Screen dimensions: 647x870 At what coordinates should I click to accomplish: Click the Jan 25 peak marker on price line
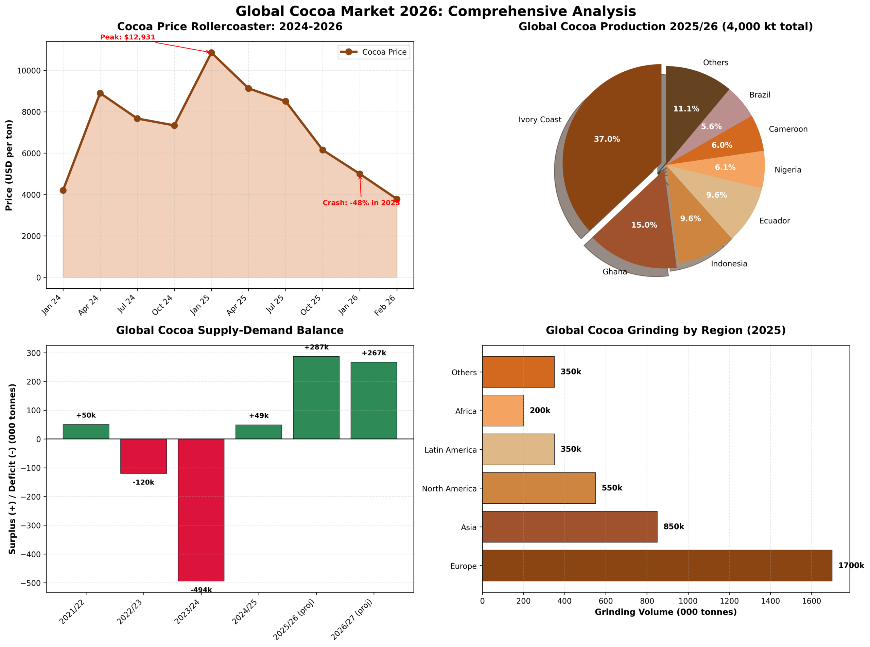pos(211,53)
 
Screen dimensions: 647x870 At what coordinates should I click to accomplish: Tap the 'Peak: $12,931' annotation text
pos(127,37)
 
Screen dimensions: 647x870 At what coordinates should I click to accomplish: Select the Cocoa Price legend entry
pos(373,52)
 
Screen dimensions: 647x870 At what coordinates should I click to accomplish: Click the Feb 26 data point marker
pos(397,199)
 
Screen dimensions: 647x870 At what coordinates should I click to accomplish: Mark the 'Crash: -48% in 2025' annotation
pos(361,203)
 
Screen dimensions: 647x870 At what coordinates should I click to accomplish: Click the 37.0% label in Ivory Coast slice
pos(606,139)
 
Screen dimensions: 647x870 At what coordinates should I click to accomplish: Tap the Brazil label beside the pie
pos(759,95)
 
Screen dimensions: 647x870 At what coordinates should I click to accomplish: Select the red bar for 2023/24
pos(201,509)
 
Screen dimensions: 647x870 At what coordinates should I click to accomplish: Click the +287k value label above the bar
pos(316,347)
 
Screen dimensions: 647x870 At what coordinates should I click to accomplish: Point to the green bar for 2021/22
pos(86,432)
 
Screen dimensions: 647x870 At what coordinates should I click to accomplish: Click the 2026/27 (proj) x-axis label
pos(351,619)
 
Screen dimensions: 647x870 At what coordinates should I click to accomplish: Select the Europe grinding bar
pos(657,565)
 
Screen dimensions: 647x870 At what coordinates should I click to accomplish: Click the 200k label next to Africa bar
pos(540,410)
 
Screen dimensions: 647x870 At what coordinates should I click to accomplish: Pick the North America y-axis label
pos(449,488)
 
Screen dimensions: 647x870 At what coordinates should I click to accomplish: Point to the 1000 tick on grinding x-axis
pos(688,601)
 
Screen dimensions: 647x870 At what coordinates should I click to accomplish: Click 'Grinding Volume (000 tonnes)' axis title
pos(665,612)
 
